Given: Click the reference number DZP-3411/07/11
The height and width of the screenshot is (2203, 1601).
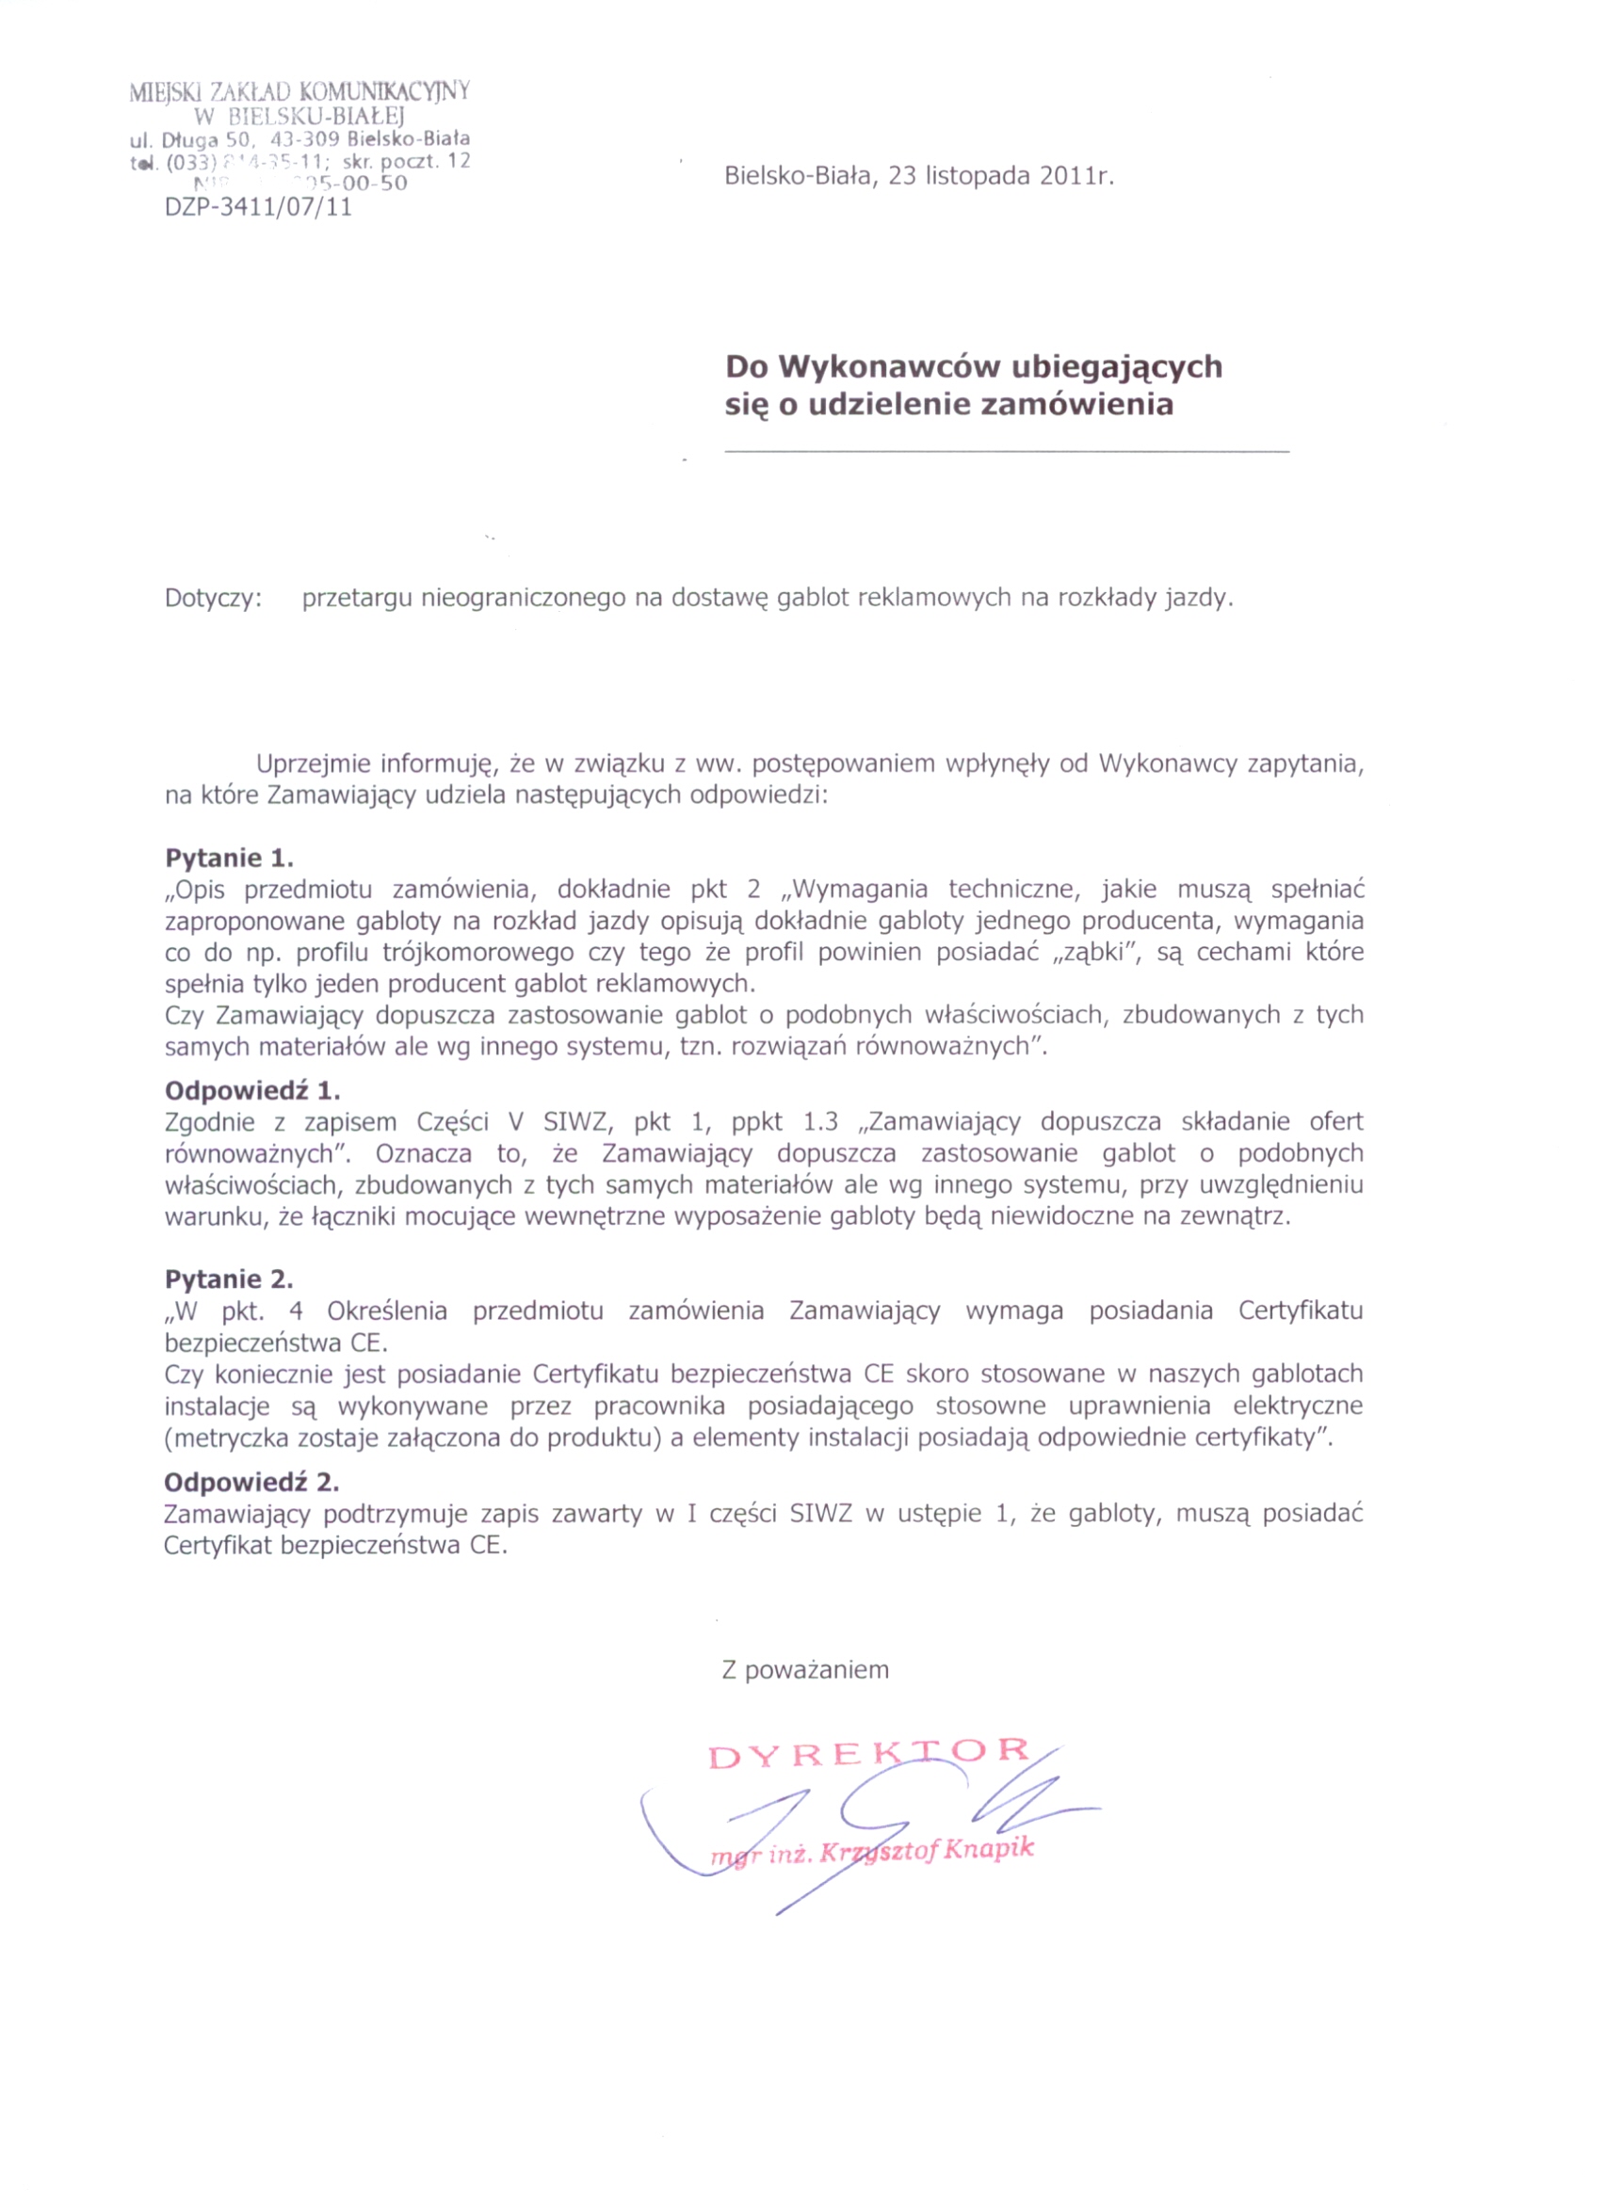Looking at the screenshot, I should pyautogui.click(x=258, y=207).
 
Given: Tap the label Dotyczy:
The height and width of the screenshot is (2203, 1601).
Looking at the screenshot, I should pyautogui.click(x=214, y=598).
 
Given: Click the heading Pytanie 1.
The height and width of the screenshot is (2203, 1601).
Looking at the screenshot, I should pyautogui.click(x=229, y=858).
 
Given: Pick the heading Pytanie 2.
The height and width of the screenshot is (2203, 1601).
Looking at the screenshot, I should pyautogui.click(x=229, y=1279).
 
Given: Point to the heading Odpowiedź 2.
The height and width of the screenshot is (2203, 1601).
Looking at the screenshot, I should pyautogui.click(x=251, y=1483).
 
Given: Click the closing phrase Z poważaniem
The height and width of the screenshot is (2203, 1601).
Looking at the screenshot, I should pyautogui.click(x=805, y=1670).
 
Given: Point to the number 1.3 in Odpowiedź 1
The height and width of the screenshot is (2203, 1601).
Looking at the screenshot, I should pyautogui.click(x=821, y=1122).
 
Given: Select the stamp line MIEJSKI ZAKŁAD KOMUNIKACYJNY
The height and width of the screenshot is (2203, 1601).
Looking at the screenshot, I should pyautogui.click(x=300, y=92).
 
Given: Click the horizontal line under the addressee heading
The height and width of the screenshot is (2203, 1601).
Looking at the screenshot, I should pyautogui.click(x=1007, y=452).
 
